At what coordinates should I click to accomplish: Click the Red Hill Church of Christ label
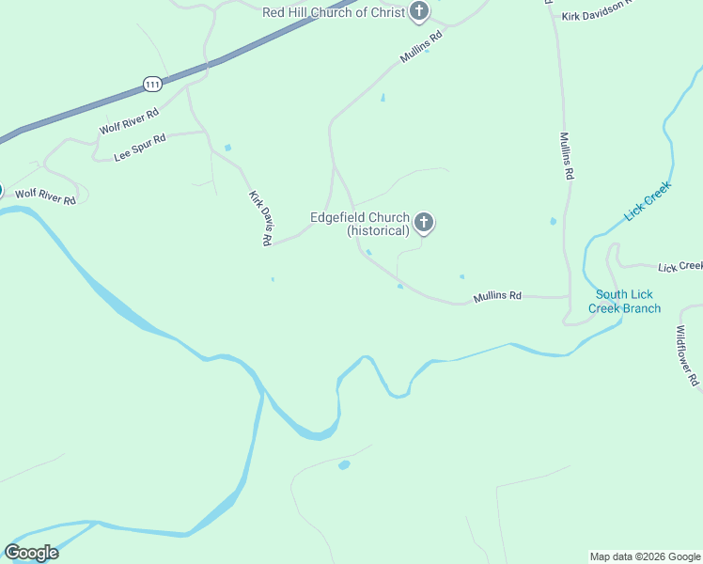(333, 12)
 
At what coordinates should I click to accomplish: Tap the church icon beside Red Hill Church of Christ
(419, 12)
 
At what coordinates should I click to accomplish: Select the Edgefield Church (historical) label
(360, 224)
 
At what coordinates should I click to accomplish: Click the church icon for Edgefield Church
(424, 223)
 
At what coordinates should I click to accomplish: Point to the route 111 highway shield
(153, 84)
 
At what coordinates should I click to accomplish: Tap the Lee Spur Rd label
(140, 146)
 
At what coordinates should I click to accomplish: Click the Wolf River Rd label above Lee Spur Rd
(129, 120)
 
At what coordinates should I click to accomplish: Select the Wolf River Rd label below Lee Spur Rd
(45, 196)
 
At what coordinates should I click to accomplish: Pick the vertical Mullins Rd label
(567, 155)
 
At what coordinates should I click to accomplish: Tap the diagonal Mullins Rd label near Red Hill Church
(420, 48)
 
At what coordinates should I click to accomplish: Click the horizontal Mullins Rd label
(497, 296)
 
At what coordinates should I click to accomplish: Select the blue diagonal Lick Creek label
(648, 201)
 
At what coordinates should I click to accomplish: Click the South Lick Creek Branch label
(625, 301)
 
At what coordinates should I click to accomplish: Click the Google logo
(32, 553)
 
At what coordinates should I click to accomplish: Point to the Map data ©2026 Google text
(645, 556)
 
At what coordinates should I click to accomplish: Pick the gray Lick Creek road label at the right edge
(680, 267)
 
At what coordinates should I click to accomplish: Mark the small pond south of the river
(344, 465)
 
